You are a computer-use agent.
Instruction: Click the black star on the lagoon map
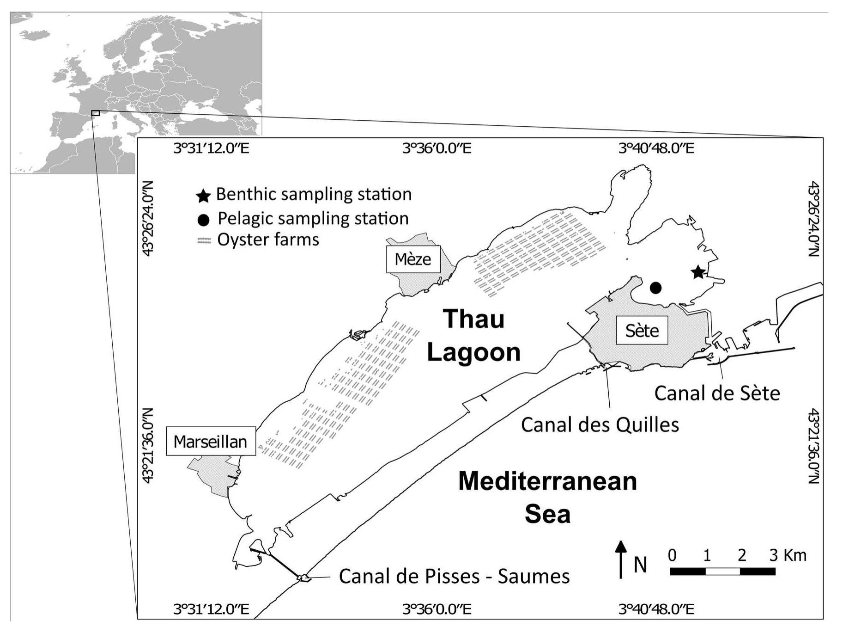697,272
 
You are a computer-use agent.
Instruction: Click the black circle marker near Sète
655,288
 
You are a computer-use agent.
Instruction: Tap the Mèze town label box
413,259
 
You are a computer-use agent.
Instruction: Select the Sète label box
642,330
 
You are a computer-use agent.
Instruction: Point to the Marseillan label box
210,441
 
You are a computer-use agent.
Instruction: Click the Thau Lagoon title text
473,336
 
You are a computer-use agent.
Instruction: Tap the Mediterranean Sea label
547,498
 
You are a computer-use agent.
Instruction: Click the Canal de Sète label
717,393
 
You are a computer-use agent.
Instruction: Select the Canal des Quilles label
600,424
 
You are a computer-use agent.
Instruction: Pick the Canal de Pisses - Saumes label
454,576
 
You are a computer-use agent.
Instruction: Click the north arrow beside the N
621,559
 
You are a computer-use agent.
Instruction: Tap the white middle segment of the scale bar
722,572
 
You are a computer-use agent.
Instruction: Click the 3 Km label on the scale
788,555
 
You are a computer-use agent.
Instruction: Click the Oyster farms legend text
268,240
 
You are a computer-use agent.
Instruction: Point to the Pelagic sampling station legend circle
204,220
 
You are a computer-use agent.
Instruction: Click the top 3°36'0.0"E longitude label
437,148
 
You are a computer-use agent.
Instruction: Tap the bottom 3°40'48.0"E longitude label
656,609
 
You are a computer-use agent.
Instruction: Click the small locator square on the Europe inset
95,113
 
